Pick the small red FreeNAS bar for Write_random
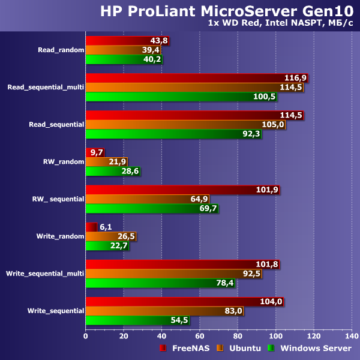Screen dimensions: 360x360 coord(91,227)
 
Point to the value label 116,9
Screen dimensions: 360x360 coord(295,78)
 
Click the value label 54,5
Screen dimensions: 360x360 coord(179,320)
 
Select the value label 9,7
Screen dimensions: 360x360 coord(96,152)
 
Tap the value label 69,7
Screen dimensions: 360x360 coord(207,208)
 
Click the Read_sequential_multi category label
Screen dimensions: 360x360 coord(45,88)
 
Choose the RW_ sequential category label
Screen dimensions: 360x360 coord(58,199)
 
